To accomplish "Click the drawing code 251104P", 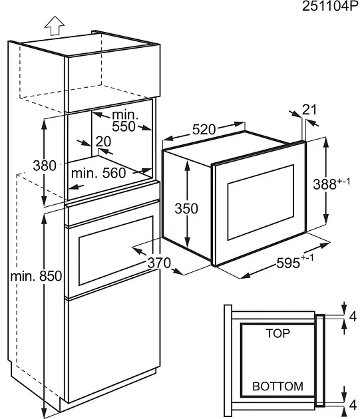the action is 330,6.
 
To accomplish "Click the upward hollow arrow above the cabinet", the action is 55,26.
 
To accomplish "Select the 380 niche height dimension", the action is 45,166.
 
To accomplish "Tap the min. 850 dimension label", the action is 36,276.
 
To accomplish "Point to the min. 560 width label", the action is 98,173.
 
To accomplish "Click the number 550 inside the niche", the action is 124,126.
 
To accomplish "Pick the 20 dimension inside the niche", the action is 103,142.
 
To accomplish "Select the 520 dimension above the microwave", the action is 204,130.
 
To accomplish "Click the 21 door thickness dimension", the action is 309,110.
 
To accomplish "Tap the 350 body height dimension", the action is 186,208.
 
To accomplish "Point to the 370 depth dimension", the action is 159,263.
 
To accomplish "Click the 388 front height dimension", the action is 325,184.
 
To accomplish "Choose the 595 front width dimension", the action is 288,263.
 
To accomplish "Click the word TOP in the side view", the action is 277,333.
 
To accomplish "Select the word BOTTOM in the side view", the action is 277,386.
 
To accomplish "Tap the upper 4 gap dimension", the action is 353,317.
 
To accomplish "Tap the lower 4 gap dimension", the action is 353,405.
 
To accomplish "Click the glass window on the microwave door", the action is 260,202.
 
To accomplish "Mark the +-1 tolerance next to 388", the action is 343,181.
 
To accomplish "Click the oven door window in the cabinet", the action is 116,251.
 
